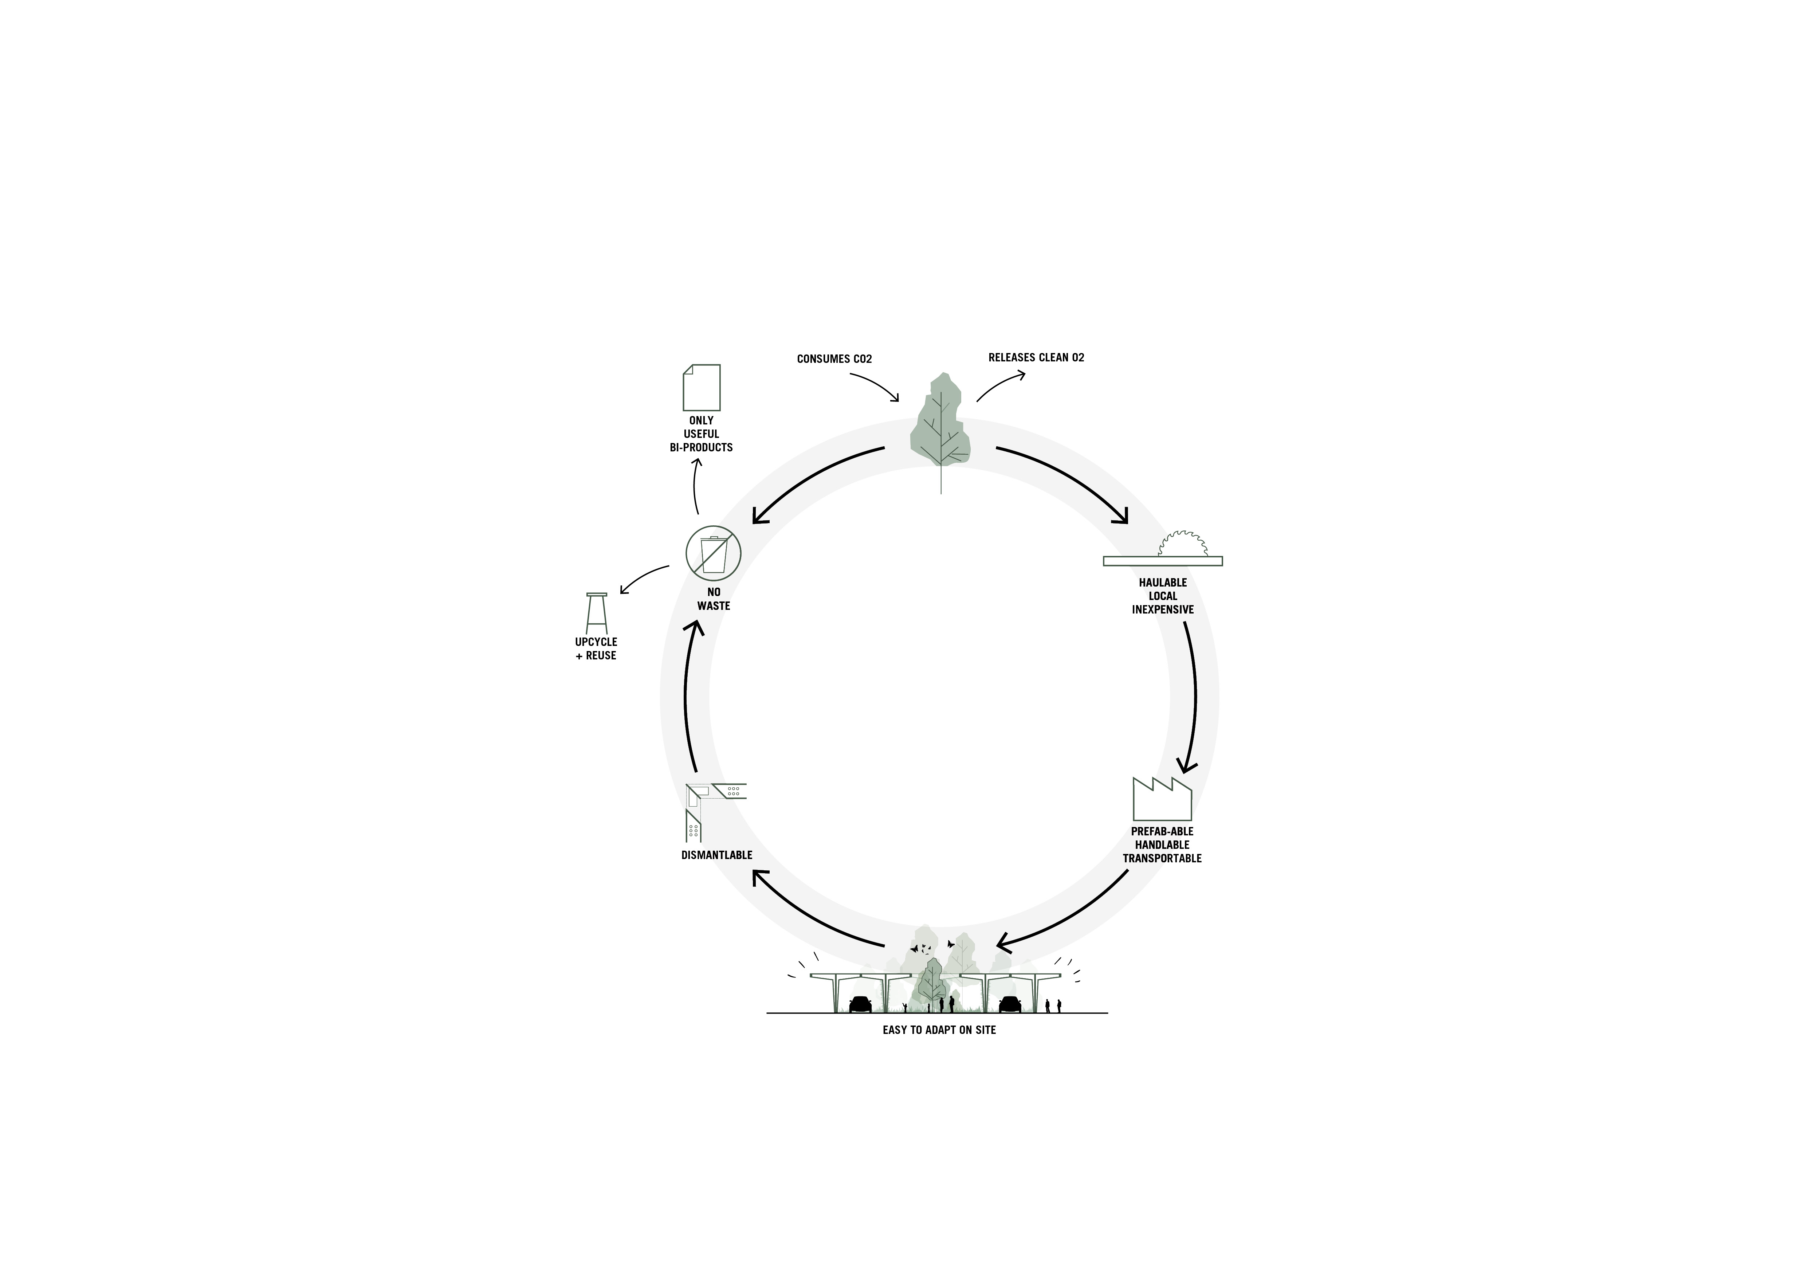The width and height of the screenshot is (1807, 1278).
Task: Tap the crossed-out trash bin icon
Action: point(713,553)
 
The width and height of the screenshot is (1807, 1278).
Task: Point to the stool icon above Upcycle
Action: point(597,613)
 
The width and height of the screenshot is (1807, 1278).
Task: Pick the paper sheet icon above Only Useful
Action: point(701,387)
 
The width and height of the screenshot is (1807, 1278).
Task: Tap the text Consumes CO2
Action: point(834,359)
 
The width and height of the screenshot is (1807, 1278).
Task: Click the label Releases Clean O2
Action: point(1036,357)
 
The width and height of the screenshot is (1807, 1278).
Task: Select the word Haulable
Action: point(1162,582)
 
